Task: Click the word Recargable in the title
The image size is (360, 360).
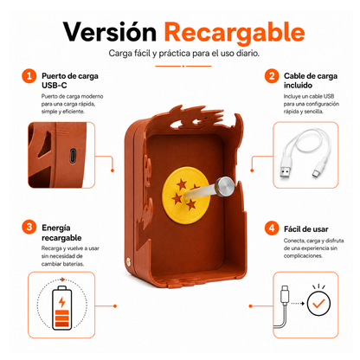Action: point(235,33)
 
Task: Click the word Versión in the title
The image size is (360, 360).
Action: point(110,31)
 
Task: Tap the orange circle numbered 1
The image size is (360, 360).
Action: point(29,76)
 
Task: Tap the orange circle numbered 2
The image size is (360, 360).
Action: point(272,76)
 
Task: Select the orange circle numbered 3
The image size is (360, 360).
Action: point(29,227)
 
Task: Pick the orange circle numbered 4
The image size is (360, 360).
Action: point(272,228)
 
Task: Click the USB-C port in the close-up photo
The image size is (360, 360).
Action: point(73,156)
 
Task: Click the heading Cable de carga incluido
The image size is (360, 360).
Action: point(311,80)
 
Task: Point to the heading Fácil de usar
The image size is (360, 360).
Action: point(306,229)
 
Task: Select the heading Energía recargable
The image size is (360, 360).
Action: point(61,233)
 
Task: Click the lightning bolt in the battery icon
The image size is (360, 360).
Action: point(61,302)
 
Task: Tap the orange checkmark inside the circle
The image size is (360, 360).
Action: point(318,304)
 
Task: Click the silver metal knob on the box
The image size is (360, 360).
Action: point(225,187)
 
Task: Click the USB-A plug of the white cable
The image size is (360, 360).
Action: point(285,171)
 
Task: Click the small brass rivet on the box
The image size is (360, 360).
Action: point(128,261)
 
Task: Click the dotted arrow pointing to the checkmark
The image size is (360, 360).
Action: point(298,304)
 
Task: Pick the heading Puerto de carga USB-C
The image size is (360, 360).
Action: point(70,80)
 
